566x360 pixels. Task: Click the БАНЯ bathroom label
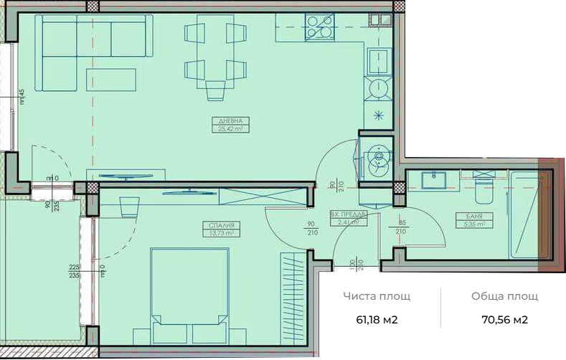pyautogui.click(x=473, y=216)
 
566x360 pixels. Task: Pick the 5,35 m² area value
pyautogui.click(x=473, y=224)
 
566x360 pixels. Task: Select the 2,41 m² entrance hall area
pyautogui.click(x=348, y=222)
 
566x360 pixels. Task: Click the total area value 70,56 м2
pyautogui.click(x=499, y=320)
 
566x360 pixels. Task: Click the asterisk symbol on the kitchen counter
pyautogui.click(x=377, y=115)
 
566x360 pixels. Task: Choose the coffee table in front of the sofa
pyautogui.click(x=111, y=79)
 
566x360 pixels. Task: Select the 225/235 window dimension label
pyautogui.click(x=73, y=270)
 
